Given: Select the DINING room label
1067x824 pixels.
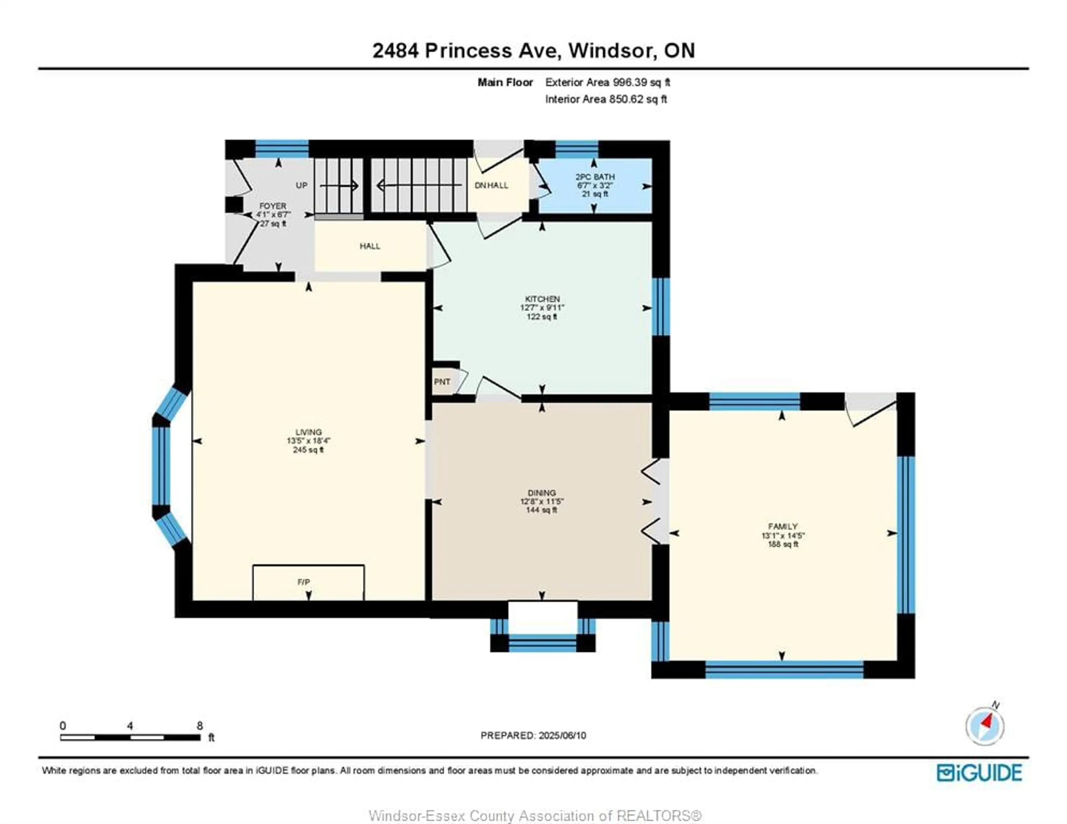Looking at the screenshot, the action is (x=542, y=493).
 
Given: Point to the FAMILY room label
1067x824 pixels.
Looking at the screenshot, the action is (x=783, y=526).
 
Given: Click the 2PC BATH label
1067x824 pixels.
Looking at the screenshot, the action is (x=595, y=177).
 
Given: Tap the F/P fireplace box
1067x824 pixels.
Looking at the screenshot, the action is (x=308, y=583).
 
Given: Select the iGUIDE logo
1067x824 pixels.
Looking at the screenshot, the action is (x=979, y=772).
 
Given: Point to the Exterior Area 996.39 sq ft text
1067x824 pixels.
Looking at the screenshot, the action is (x=608, y=82).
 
